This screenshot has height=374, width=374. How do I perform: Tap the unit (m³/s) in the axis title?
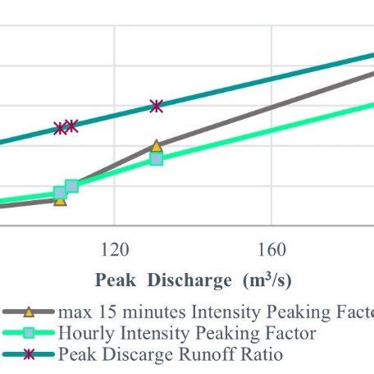pyautogui.click(x=265, y=280)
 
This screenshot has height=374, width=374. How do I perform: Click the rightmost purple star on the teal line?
pyautogui.click(x=157, y=106)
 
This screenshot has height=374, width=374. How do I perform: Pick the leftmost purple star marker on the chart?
pyautogui.click(x=60, y=128)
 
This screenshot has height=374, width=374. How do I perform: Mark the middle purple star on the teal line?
pyautogui.click(x=71, y=125)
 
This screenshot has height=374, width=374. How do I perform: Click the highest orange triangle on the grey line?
pyautogui.click(x=157, y=146)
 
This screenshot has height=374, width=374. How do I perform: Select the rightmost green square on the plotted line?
pyautogui.click(x=157, y=158)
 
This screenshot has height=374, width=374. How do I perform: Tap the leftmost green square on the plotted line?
pyautogui.click(x=60, y=193)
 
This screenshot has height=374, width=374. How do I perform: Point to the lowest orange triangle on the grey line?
pyautogui.click(x=60, y=198)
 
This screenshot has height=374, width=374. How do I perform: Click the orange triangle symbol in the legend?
pyautogui.click(x=29, y=312)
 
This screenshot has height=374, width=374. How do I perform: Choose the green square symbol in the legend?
pyautogui.click(x=29, y=333)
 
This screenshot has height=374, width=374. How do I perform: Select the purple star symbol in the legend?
pyautogui.click(x=29, y=354)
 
